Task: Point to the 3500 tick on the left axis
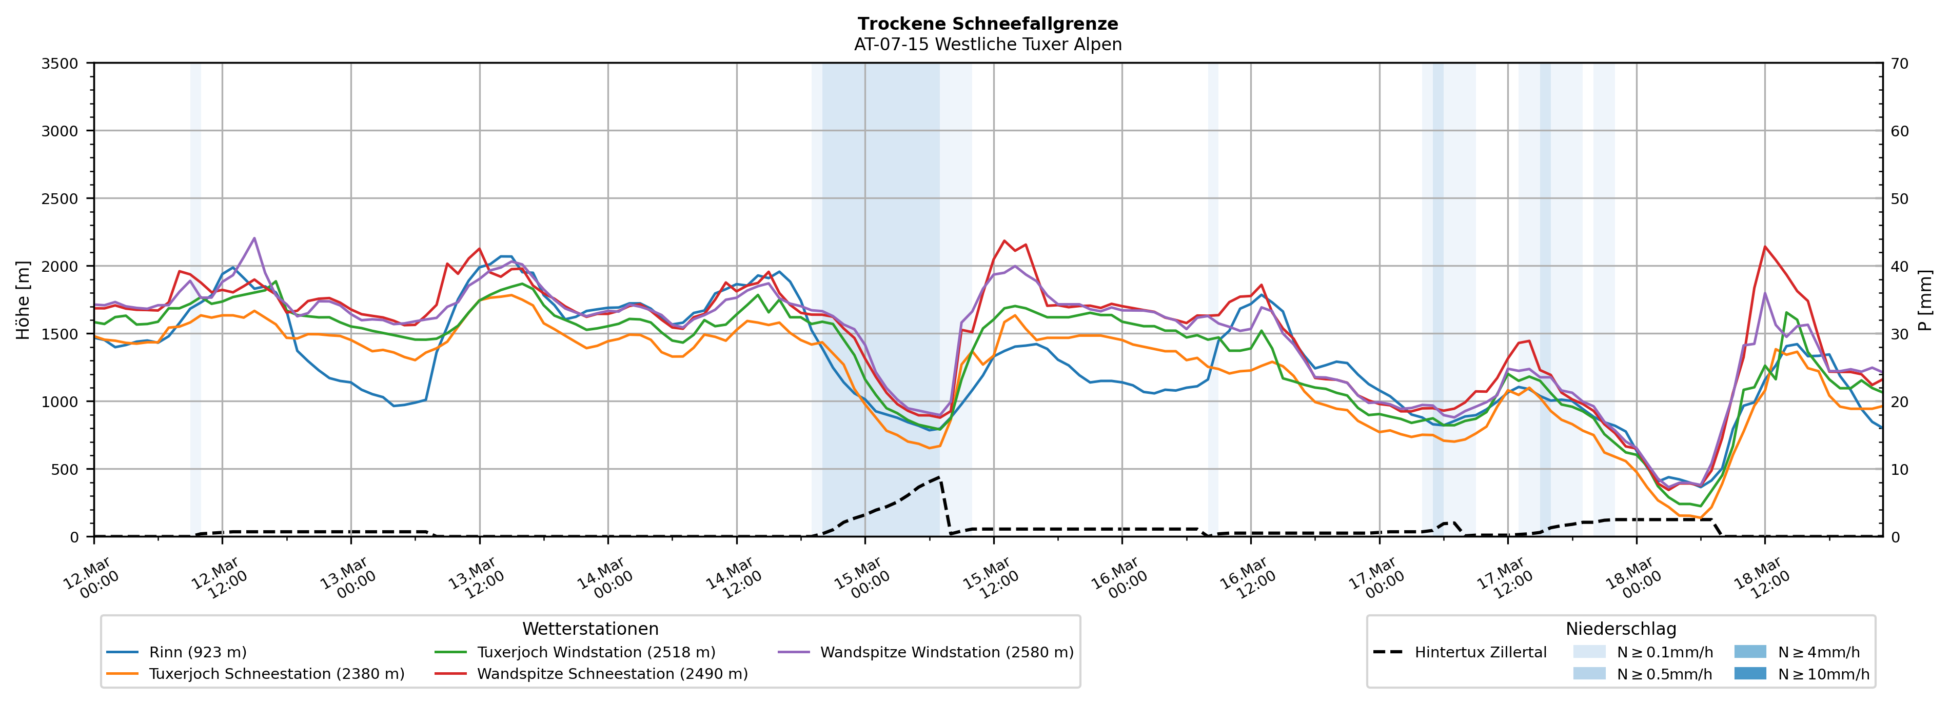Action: [x=60, y=64]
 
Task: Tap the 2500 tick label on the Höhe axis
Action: [x=60, y=199]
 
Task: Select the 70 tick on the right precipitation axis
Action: [x=1899, y=64]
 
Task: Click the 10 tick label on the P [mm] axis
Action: [x=1899, y=470]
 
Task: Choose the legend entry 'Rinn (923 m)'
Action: [x=198, y=652]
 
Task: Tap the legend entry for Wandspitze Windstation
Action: [x=946, y=652]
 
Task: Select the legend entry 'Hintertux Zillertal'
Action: [x=1480, y=652]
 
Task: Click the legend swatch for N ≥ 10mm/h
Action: [x=1750, y=673]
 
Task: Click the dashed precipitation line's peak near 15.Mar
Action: [x=939, y=477]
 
